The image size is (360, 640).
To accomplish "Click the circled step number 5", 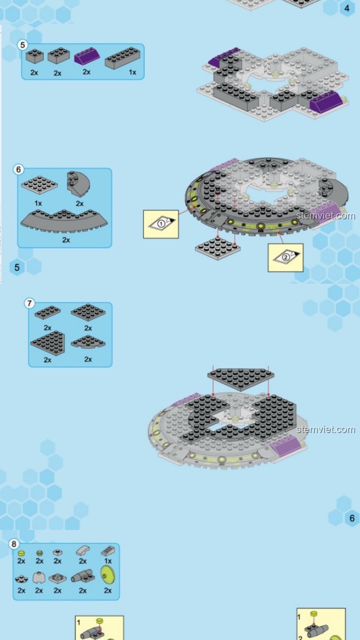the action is point(22,45).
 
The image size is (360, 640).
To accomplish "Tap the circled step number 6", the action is point(18,169).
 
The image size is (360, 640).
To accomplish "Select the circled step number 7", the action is point(29,303).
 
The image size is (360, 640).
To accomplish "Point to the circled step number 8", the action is point(14,544).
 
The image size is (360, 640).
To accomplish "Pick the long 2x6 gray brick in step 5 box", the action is point(122,58).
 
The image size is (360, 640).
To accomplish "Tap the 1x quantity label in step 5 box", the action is point(132,72).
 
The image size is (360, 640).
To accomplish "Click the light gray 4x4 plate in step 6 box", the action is point(39,185).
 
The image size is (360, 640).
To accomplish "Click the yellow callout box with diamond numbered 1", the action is point(161,224).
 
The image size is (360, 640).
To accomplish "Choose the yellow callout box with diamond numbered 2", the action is point(286,258).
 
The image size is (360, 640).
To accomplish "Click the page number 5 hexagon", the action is point(17,267).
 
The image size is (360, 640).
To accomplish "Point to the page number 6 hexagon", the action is point(352,518).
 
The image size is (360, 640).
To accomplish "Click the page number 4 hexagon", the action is point(347,8).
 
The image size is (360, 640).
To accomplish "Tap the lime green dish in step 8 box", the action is point(108,576).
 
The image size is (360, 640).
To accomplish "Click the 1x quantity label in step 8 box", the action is point(108,561).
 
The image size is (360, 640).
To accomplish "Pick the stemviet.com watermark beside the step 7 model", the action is point(326,429).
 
